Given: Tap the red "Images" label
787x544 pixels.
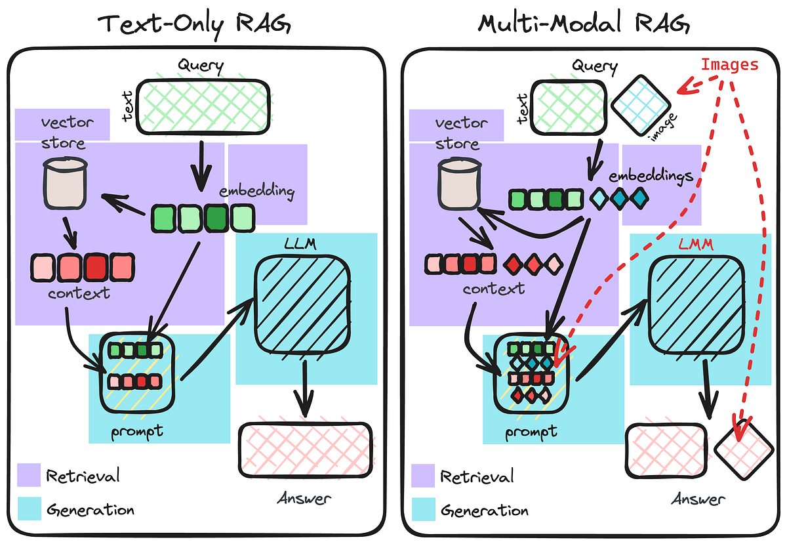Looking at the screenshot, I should click(x=729, y=65).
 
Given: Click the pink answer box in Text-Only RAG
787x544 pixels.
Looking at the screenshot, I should click(x=306, y=448).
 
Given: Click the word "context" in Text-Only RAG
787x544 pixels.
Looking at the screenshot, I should click(x=79, y=292).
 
